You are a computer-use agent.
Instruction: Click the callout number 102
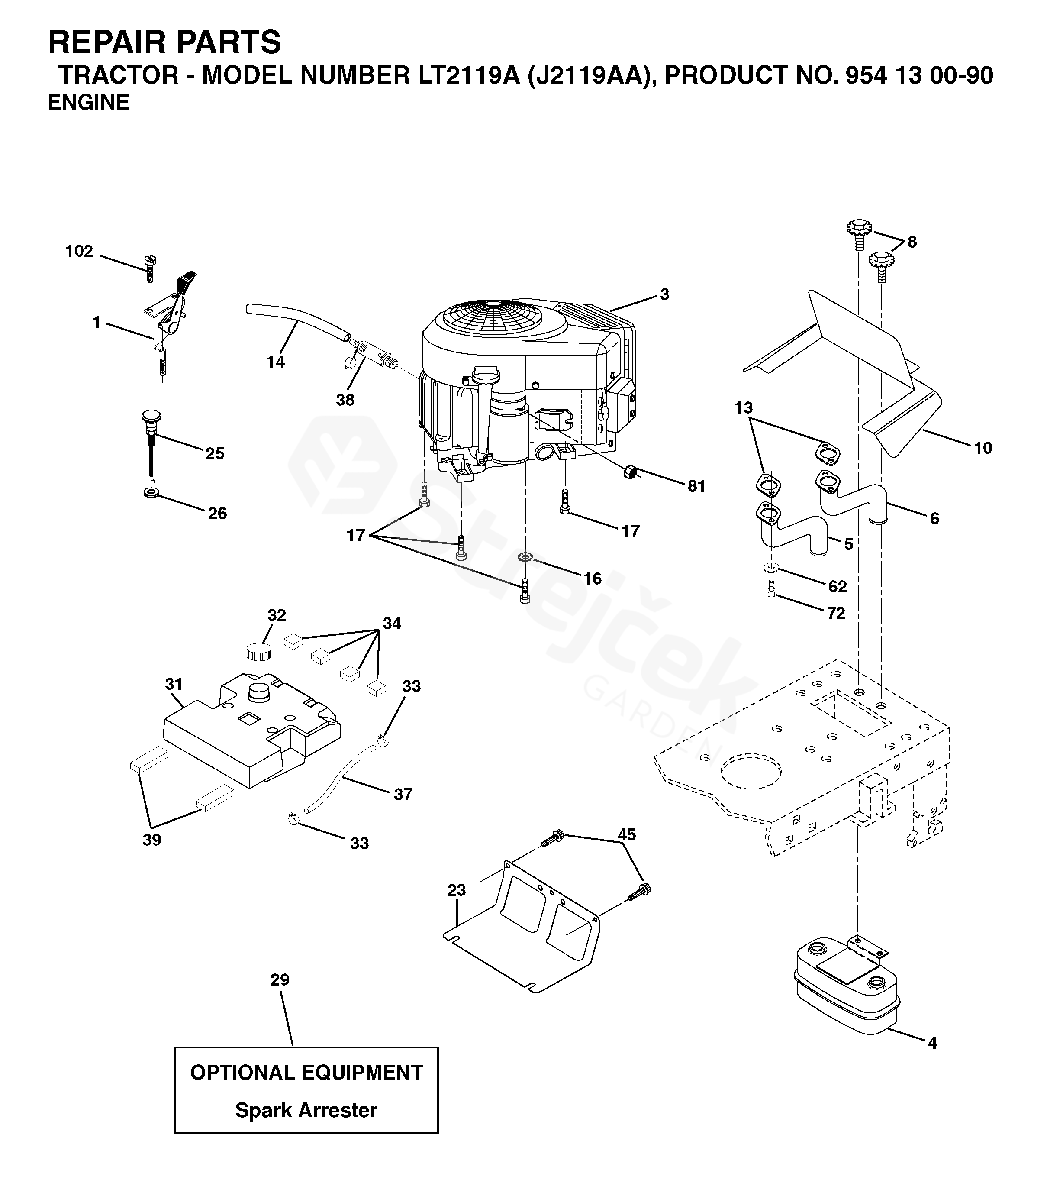[x=79, y=251]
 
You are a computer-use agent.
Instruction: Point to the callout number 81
[x=696, y=486]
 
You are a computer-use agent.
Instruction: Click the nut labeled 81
[x=630, y=472]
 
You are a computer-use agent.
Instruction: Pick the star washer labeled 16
[x=526, y=558]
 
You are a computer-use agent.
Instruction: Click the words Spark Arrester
[x=306, y=1110]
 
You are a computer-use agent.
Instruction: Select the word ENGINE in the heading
[x=88, y=103]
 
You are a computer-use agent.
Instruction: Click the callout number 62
[x=838, y=586]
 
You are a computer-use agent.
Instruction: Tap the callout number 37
[x=403, y=794]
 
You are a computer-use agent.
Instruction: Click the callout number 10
[x=983, y=448]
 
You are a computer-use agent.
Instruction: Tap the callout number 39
[x=152, y=840]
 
